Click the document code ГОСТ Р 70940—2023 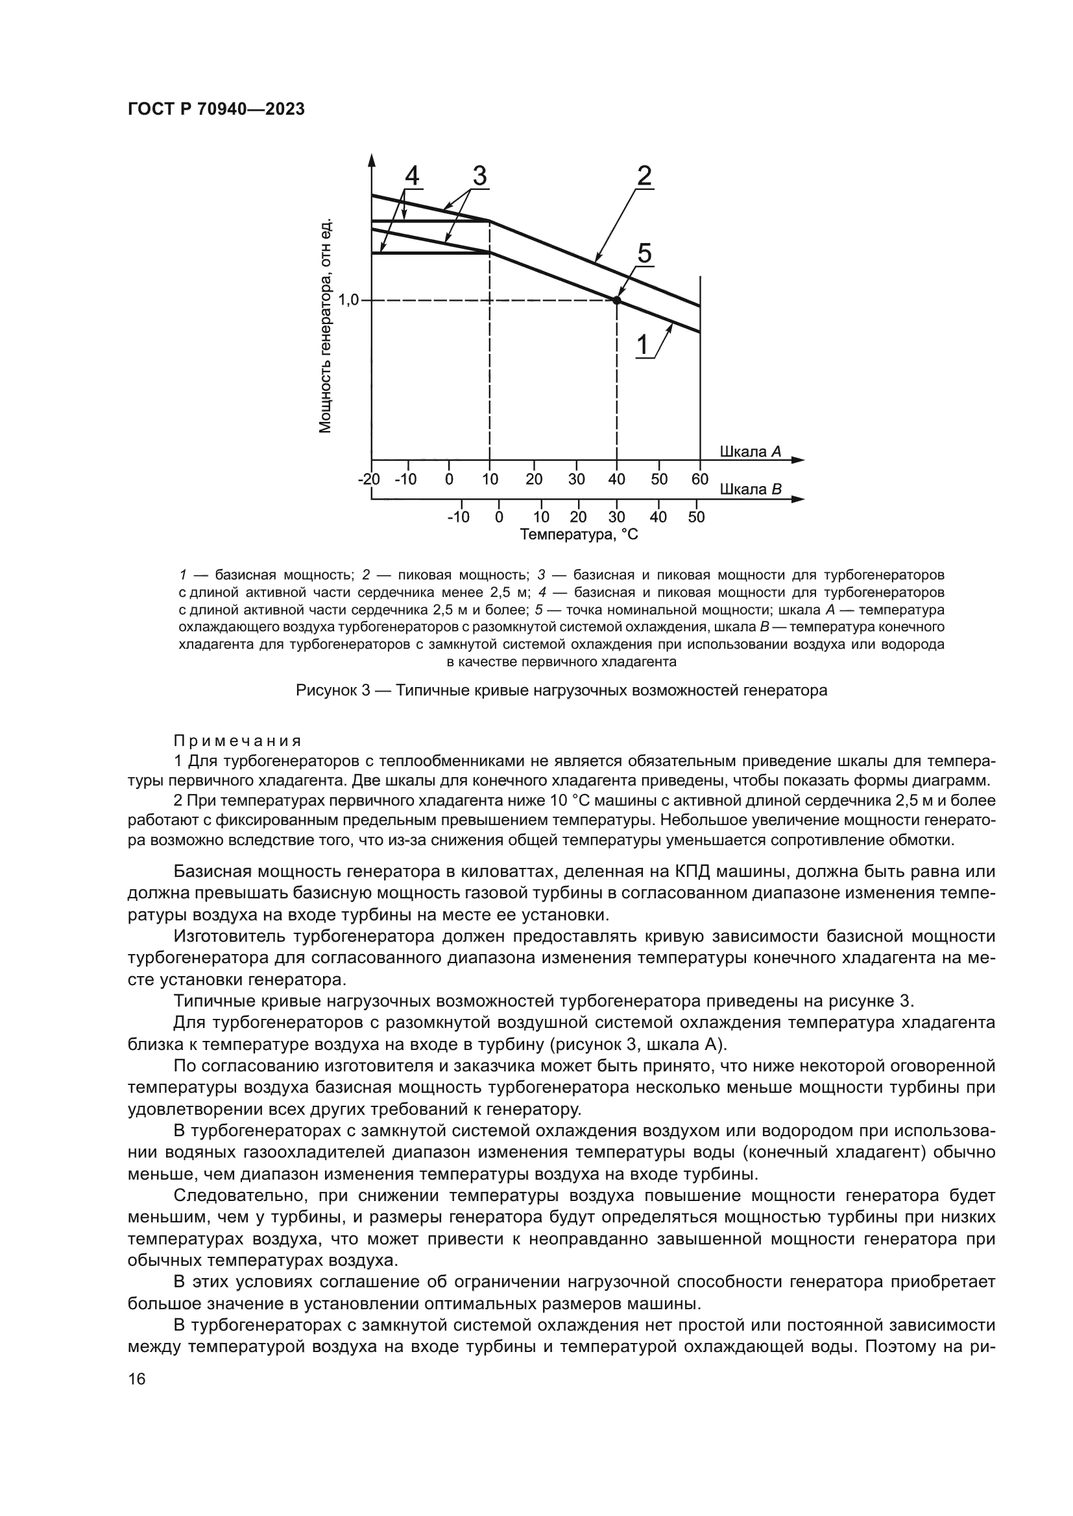216,110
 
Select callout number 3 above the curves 479,176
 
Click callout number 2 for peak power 644,176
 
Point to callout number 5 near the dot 644,253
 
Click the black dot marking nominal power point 617,301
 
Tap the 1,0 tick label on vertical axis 348,301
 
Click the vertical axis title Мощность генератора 325,326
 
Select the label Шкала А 750,452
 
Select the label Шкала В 750,489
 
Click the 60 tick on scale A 700,480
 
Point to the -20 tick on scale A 368,480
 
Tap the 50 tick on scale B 696,517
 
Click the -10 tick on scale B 458,517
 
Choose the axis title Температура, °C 579,534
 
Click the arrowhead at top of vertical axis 371,160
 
